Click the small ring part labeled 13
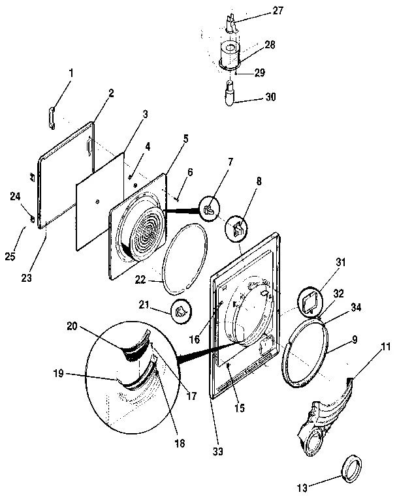[x=352, y=468]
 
